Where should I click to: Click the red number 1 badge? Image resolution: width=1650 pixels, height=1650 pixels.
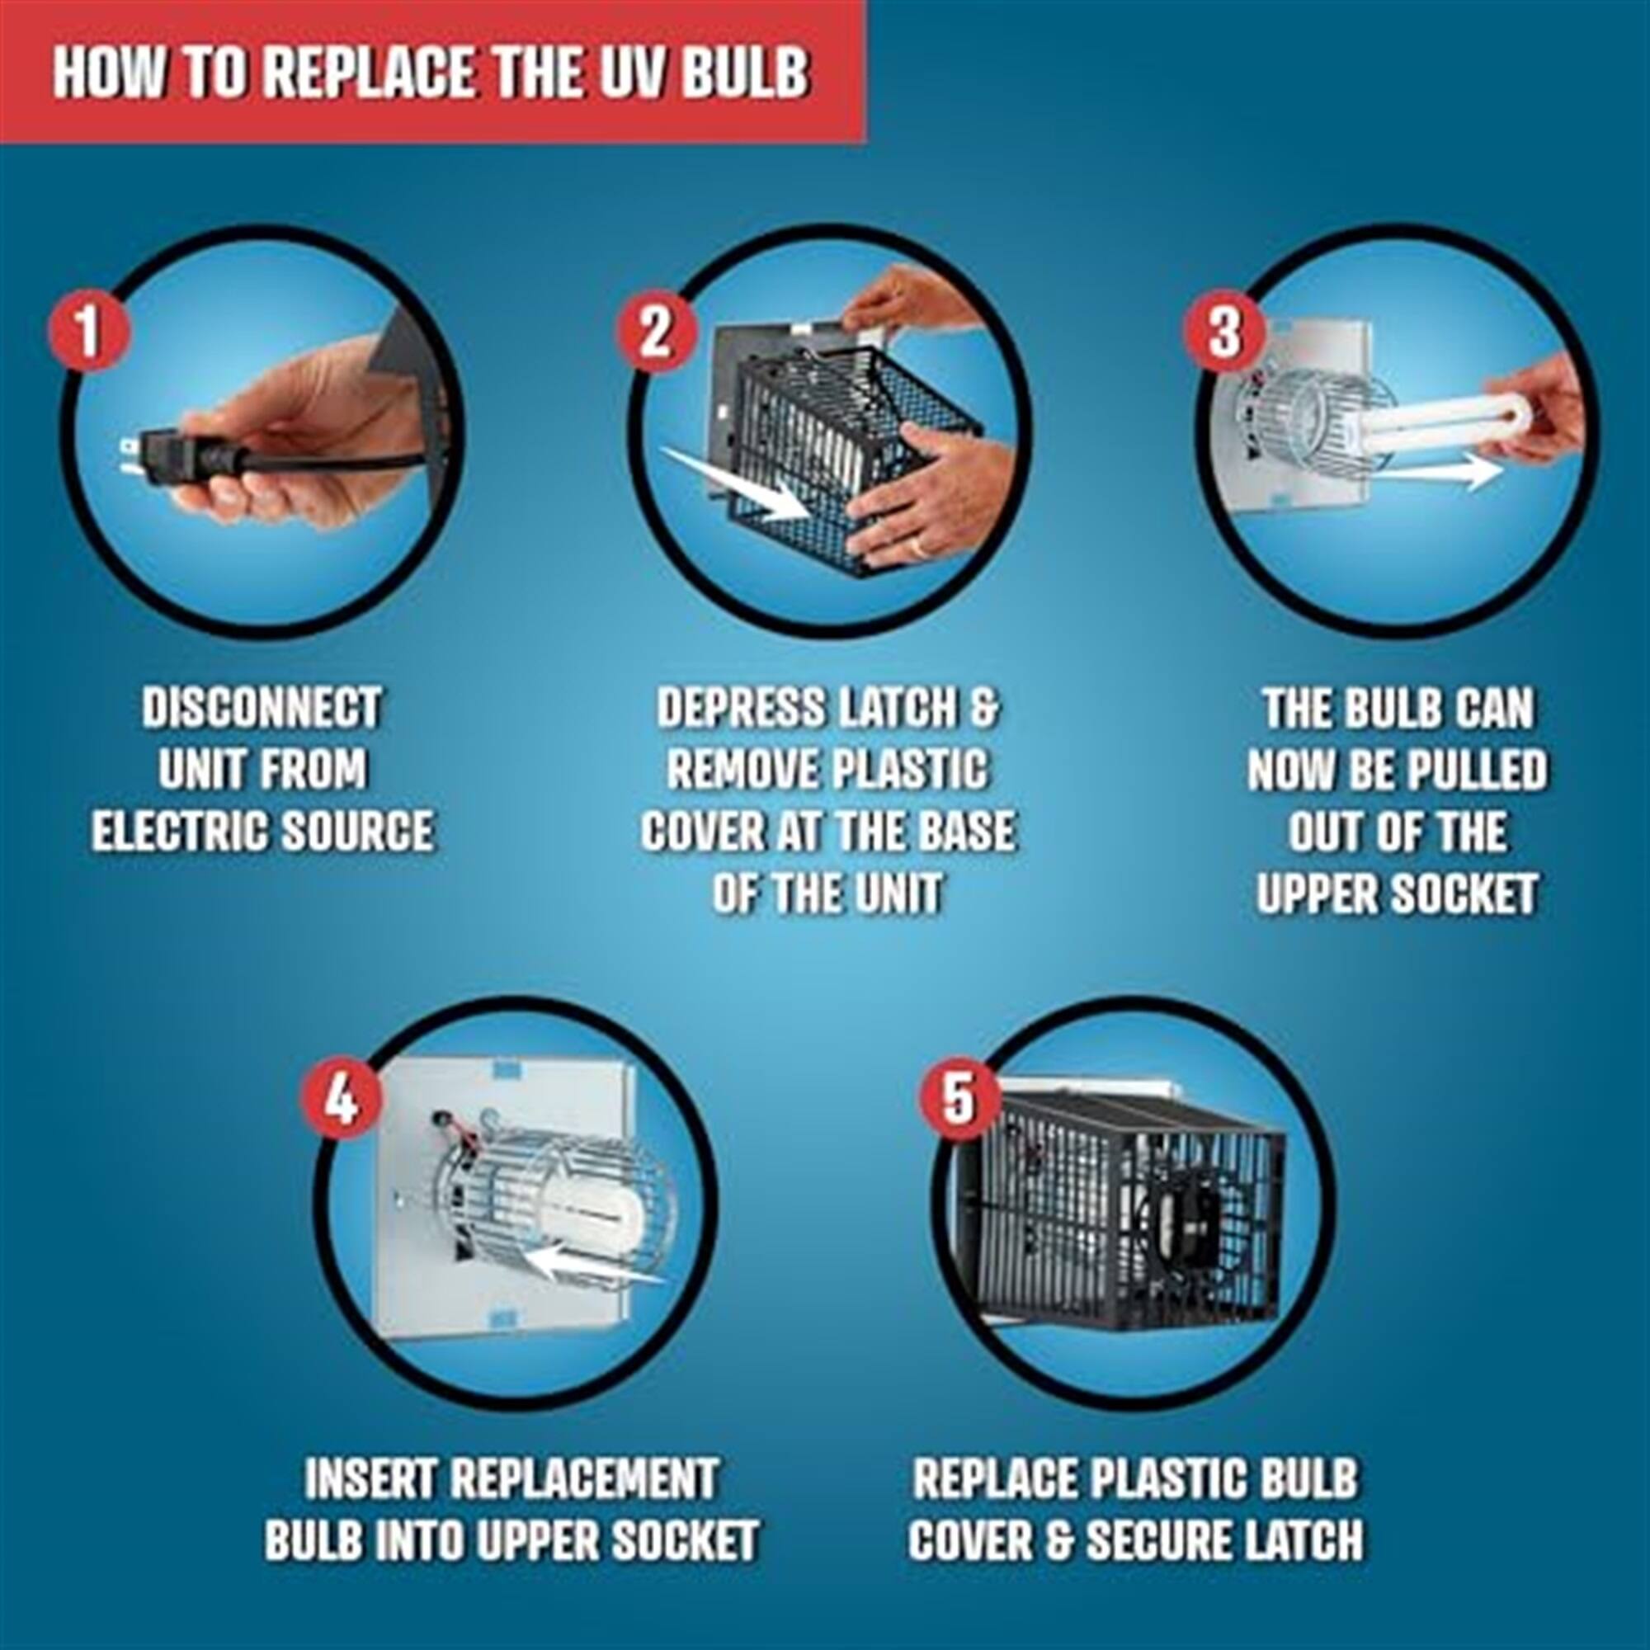[x=88, y=332]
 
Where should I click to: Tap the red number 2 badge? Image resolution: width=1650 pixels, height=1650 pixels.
[x=655, y=332]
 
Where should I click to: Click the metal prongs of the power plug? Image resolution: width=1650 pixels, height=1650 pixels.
[x=128, y=457]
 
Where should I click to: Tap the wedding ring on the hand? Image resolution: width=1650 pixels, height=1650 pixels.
[x=919, y=544]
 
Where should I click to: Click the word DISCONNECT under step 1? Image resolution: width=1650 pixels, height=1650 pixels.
[x=262, y=709]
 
